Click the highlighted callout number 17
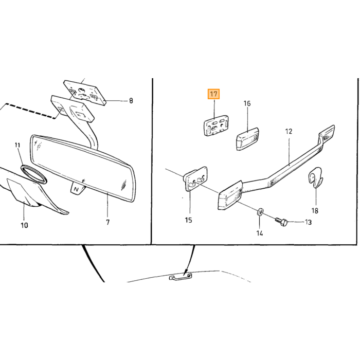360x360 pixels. [213, 94]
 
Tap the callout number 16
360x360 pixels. [247, 103]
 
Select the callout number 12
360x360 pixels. [289, 132]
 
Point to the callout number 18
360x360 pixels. [315, 210]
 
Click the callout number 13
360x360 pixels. [308, 222]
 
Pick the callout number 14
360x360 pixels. [259, 233]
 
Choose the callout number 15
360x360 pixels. [188, 220]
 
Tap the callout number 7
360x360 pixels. [107, 222]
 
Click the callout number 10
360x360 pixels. [24, 225]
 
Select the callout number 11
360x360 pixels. [17, 145]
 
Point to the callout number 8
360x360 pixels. [131, 101]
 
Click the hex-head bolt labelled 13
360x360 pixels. [281, 222]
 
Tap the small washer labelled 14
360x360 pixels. [260, 211]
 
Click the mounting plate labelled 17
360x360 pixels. [216, 125]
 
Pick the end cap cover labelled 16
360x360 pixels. [247, 139]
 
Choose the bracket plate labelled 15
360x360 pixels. [195, 178]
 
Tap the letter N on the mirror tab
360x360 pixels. [75, 189]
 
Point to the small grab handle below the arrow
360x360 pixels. [181, 277]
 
